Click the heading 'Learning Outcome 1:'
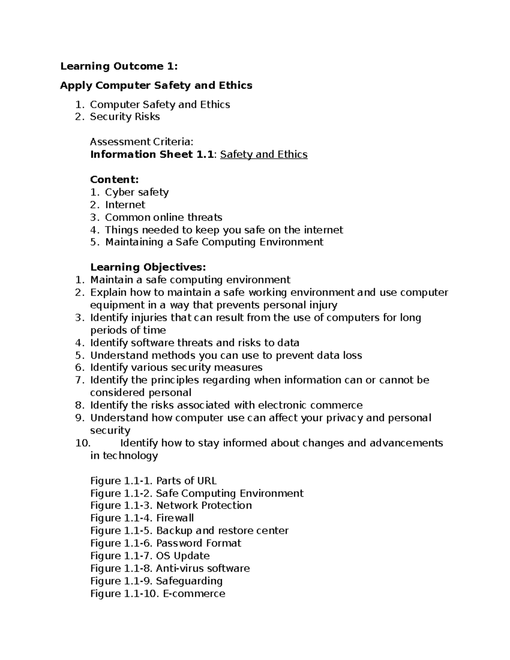[119, 66]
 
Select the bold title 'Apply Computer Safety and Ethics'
[156, 85]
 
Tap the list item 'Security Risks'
[125, 117]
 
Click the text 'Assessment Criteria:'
[142, 142]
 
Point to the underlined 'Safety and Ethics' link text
[263, 154]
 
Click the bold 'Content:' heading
[114, 179]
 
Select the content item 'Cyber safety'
[136, 192]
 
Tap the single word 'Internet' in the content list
[125, 205]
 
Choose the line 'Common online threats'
[164, 218]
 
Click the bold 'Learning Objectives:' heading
[148, 267]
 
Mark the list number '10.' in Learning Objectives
[83, 443]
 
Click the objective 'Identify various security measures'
[176, 368]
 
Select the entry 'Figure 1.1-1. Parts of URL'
[153, 481]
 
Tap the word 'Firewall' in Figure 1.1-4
[175, 518]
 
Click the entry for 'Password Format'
[198, 543]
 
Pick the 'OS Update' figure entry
[183, 556]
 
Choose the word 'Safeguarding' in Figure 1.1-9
[189, 581]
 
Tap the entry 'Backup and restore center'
[222, 531]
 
